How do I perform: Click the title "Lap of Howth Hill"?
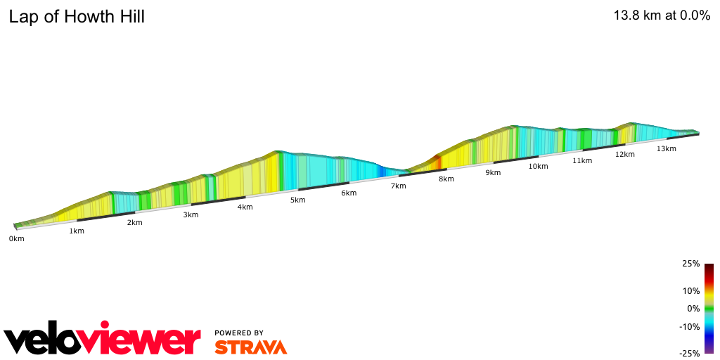coord(77,17)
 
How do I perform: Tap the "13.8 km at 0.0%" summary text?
coord(662,15)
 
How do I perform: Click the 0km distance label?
coord(16,239)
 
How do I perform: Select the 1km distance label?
coord(77,231)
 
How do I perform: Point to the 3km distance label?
coord(191,214)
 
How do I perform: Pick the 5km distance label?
coord(298,200)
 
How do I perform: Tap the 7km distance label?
coord(399,186)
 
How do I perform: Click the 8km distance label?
coord(446,179)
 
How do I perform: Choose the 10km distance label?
coord(538,166)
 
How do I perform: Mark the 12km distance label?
coord(625,154)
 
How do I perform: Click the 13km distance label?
coord(667,148)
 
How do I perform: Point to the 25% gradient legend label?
coord(691,264)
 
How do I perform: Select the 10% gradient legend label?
coord(691,290)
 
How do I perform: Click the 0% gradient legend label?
coord(693,309)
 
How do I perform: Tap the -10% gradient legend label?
coord(690,326)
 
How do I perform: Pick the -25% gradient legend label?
coord(690,353)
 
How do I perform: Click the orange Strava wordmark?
coord(250,347)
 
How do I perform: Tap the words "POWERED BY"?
coord(239,333)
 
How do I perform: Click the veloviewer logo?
coord(103,340)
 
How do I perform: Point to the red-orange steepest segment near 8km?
coord(437,161)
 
